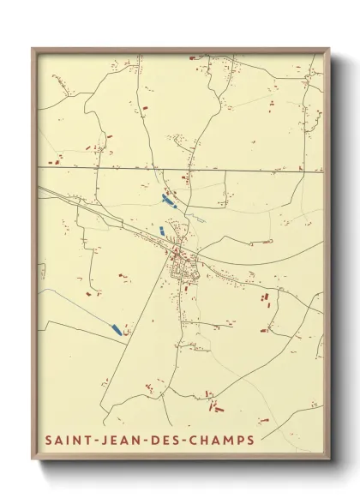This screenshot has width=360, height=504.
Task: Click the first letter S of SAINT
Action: tap(49, 441)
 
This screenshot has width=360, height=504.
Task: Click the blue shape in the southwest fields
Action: tap(116, 329)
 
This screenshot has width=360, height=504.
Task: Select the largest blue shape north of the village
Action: tap(169, 201)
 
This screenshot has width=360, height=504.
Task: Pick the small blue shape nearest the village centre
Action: tap(160, 231)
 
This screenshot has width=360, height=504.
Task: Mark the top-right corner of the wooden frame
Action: tap(329, 49)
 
